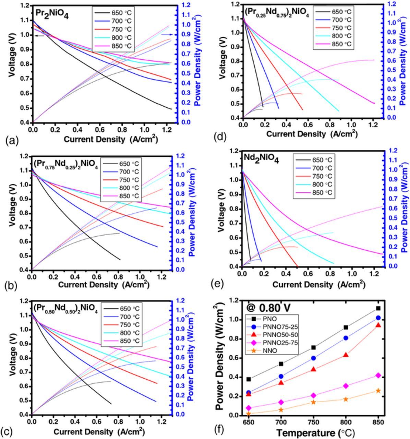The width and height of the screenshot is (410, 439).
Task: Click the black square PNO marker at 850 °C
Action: pos(378,308)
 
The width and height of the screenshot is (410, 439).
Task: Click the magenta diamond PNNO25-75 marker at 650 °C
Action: pos(249,408)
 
